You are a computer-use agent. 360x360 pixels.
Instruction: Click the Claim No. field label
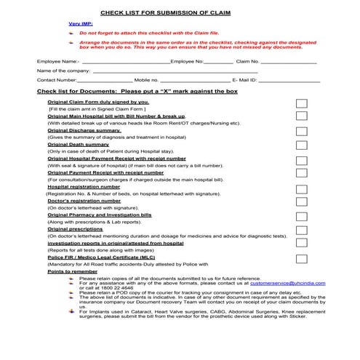pos(247,62)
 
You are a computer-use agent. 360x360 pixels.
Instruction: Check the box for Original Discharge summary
pos(302,132)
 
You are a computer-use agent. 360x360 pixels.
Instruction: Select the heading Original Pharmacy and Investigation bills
pos(100,215)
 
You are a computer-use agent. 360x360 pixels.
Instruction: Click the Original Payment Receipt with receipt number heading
pos(105,173)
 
